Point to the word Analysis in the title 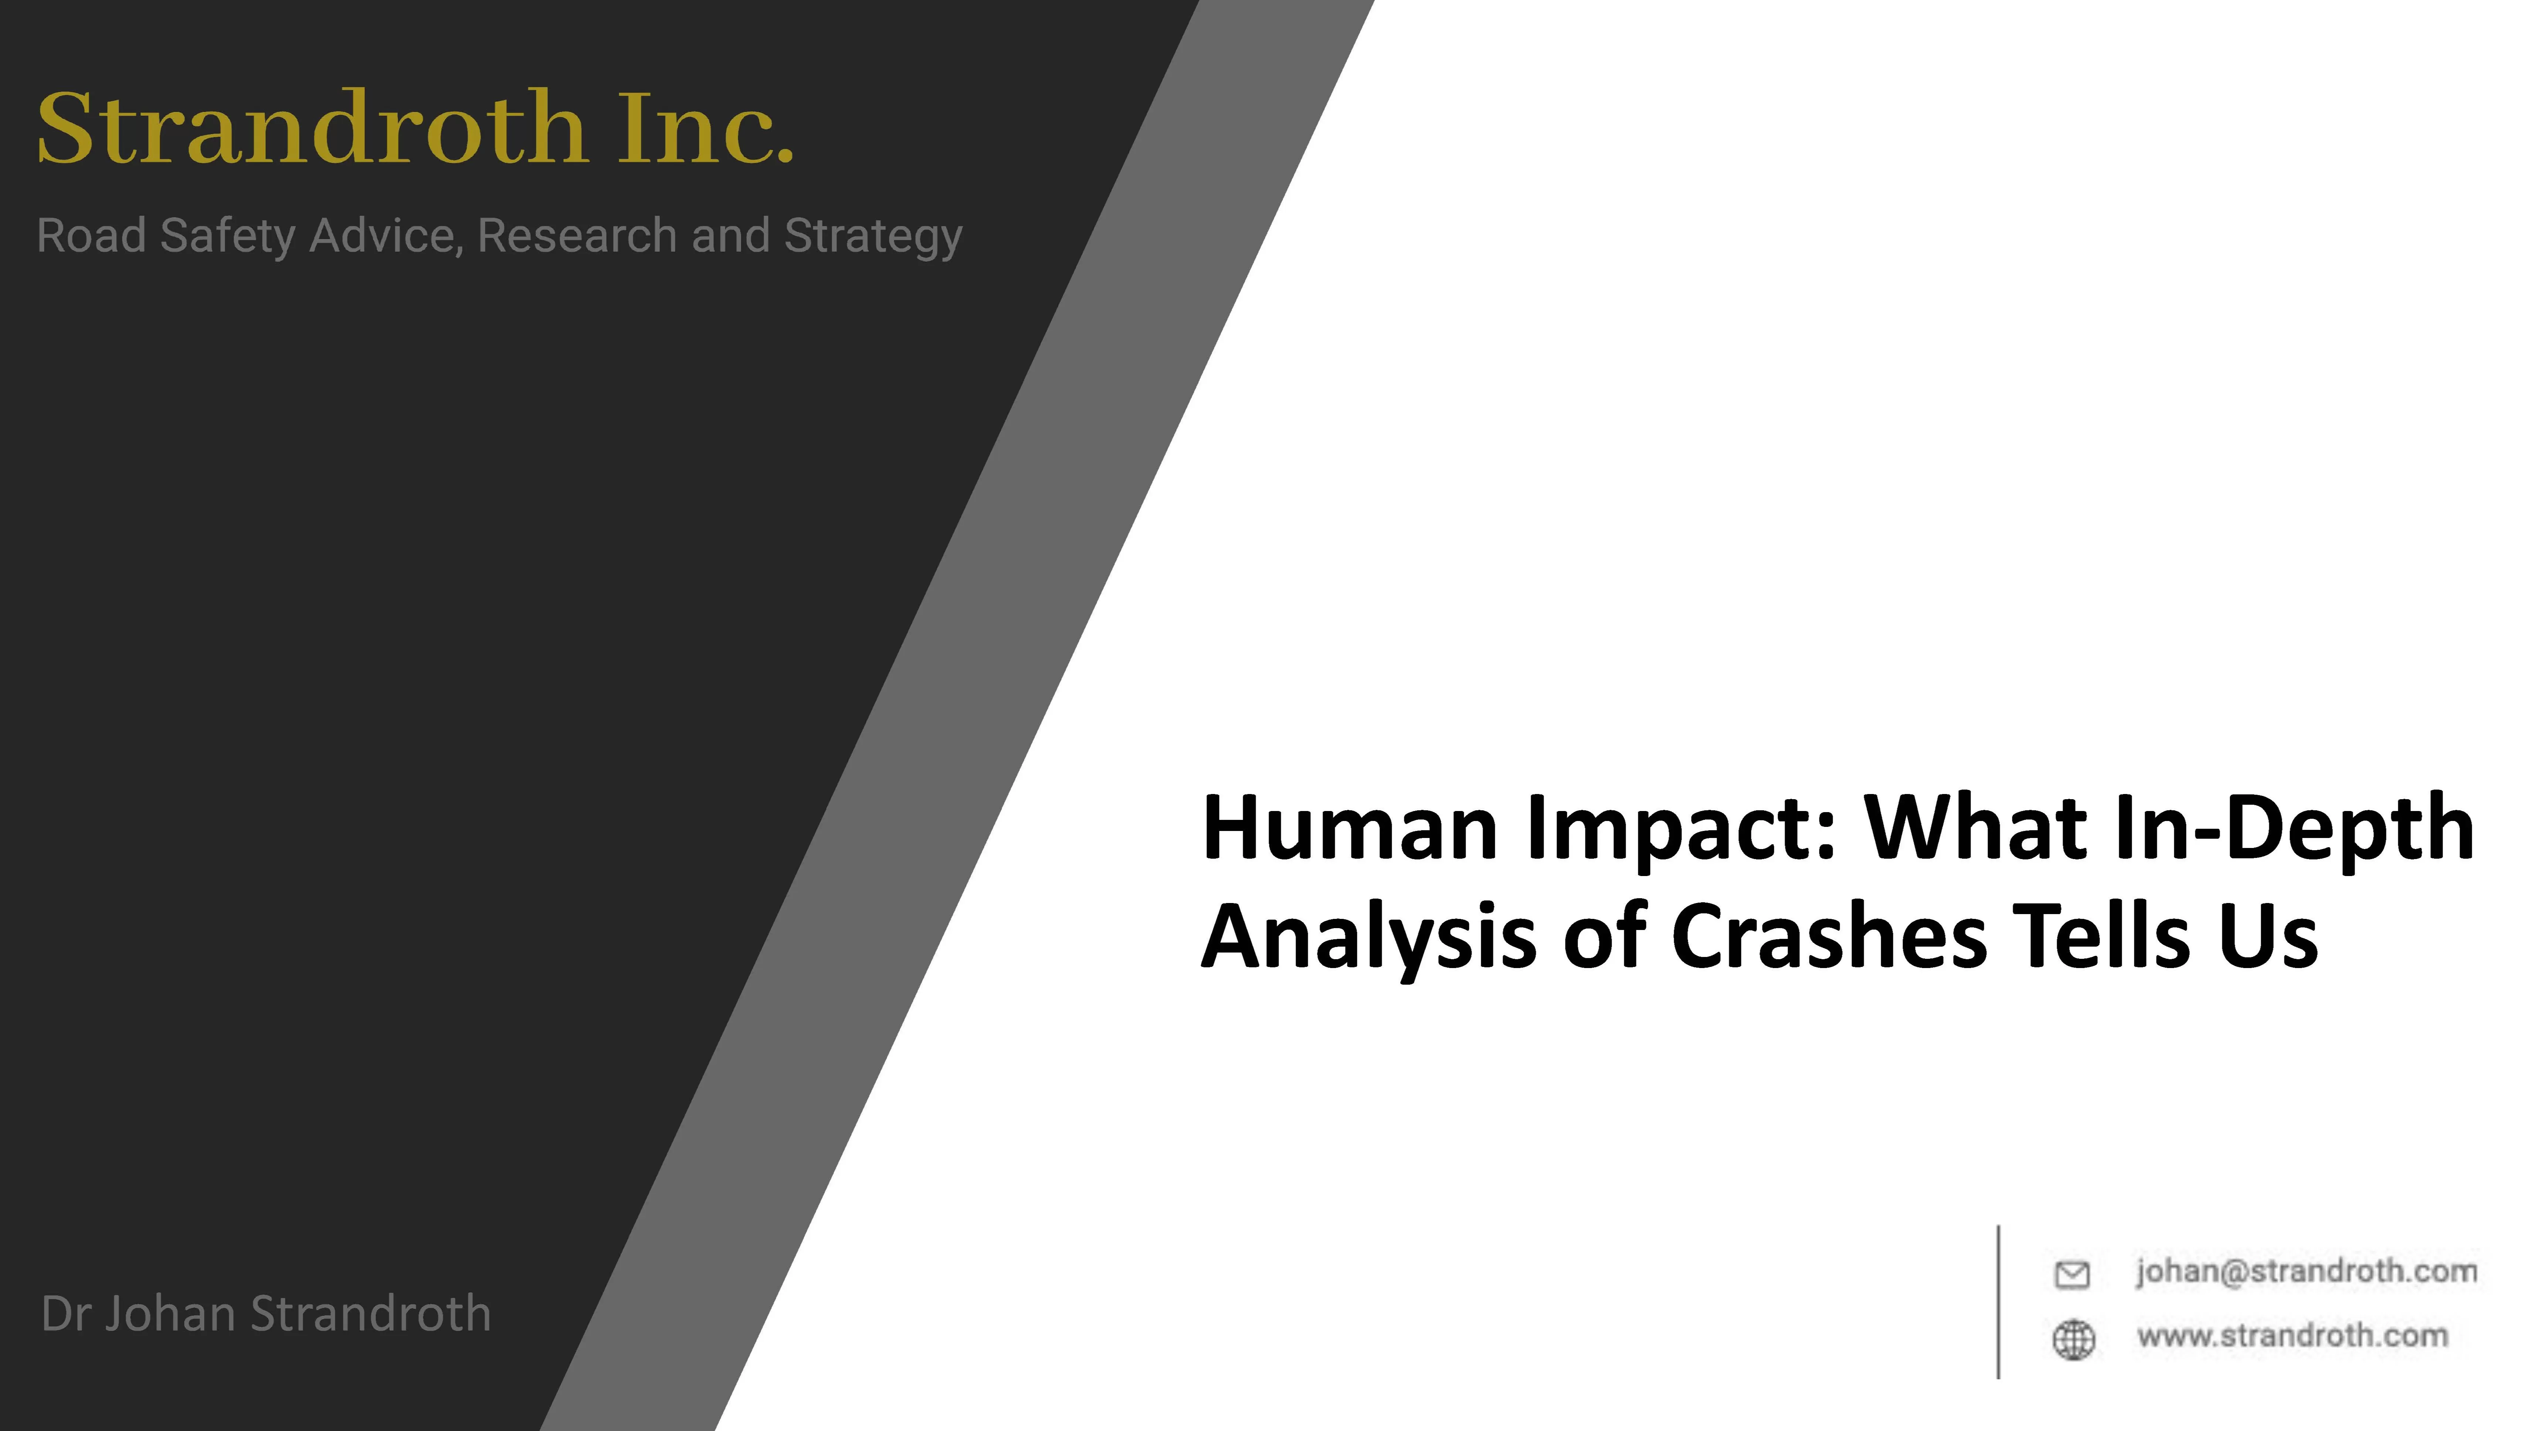1369,938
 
